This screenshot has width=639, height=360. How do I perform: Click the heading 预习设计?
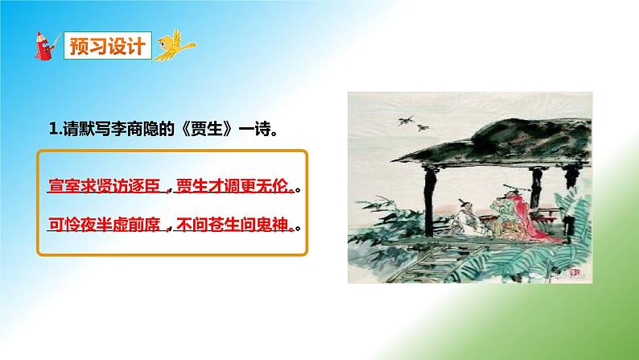pyautogui.click(x=107, y=46)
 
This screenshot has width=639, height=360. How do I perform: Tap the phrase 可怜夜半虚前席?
pyautogui.click(x=105, y=223)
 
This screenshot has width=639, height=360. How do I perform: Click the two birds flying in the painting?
pyautogui.click(x=407, y=122)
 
